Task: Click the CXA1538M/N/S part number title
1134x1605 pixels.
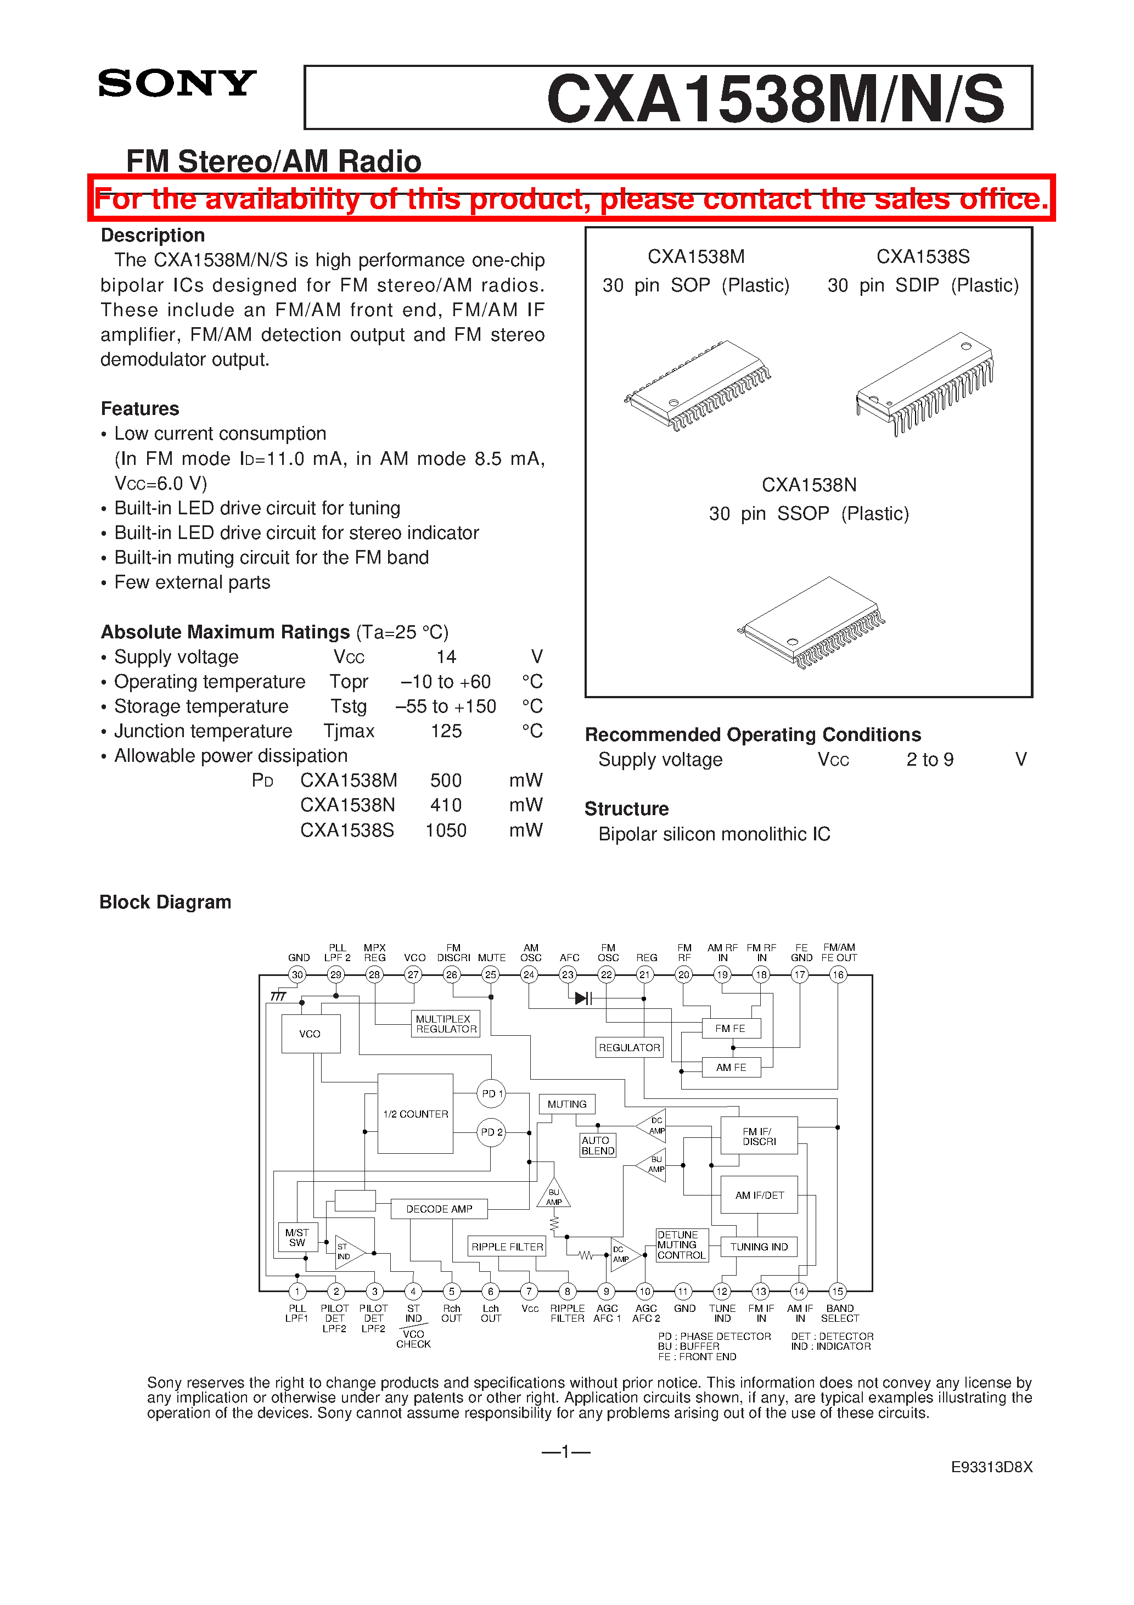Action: [x=774, y=99]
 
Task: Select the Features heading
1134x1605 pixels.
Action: [x=140, y=409]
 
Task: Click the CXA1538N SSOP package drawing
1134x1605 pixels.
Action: [x=811, y=621]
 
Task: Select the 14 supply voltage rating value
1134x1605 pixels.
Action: [x=446, y=657]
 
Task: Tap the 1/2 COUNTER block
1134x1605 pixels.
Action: [x=416, y=1114]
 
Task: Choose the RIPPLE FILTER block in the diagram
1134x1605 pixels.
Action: [x=507, y=1247]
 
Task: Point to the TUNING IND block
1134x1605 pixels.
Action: [x=759, y=1247]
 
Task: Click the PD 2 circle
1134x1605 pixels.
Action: [x=491, y=1132]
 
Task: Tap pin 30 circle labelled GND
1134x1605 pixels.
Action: [x=298, y=974]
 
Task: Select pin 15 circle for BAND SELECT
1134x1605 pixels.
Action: [x=838, y=1291]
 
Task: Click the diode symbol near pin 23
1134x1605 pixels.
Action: [x=582, y=998]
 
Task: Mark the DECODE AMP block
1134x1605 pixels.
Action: [x=439, y=1209]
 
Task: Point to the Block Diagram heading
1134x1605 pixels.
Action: [x=165, y=902]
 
